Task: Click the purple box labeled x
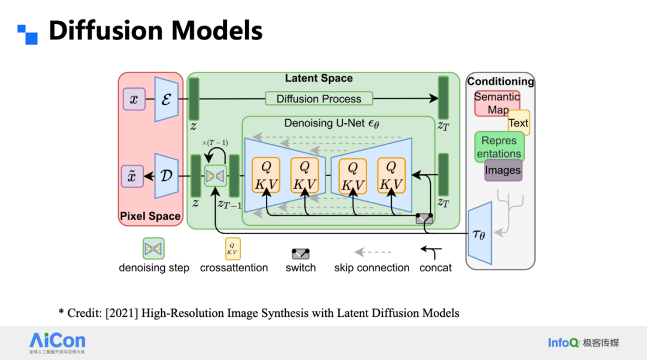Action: click(x=134, y=99)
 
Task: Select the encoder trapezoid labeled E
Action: click(x=165, y=99)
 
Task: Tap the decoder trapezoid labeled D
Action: click(x=165, y=176)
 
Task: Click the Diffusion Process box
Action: click(x=319, y=99)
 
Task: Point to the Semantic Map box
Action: click(x=497, y=104)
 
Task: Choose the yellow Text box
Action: click(x=519, y=123)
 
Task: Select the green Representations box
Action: click(x=499, y=147)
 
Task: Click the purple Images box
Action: click(x=503, y=170)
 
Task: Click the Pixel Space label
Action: click(x=150, y=216)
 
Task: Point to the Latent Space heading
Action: click(x=319, y=78)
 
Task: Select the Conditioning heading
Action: click(x=500, y=81)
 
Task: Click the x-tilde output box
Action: click(x=133, y=176)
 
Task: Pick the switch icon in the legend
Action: click(x=300, y=253)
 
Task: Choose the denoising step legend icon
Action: click(x=153, y=248)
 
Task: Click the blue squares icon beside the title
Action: click(x=28, y=34)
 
